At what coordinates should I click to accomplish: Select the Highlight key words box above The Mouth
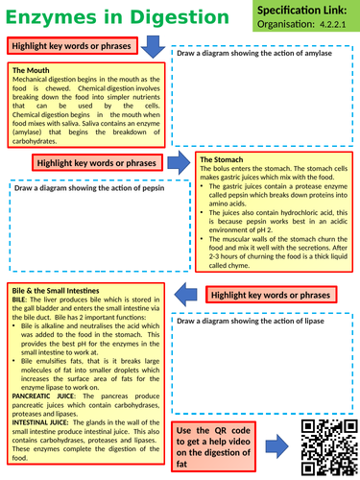click(x=71, y=46)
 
